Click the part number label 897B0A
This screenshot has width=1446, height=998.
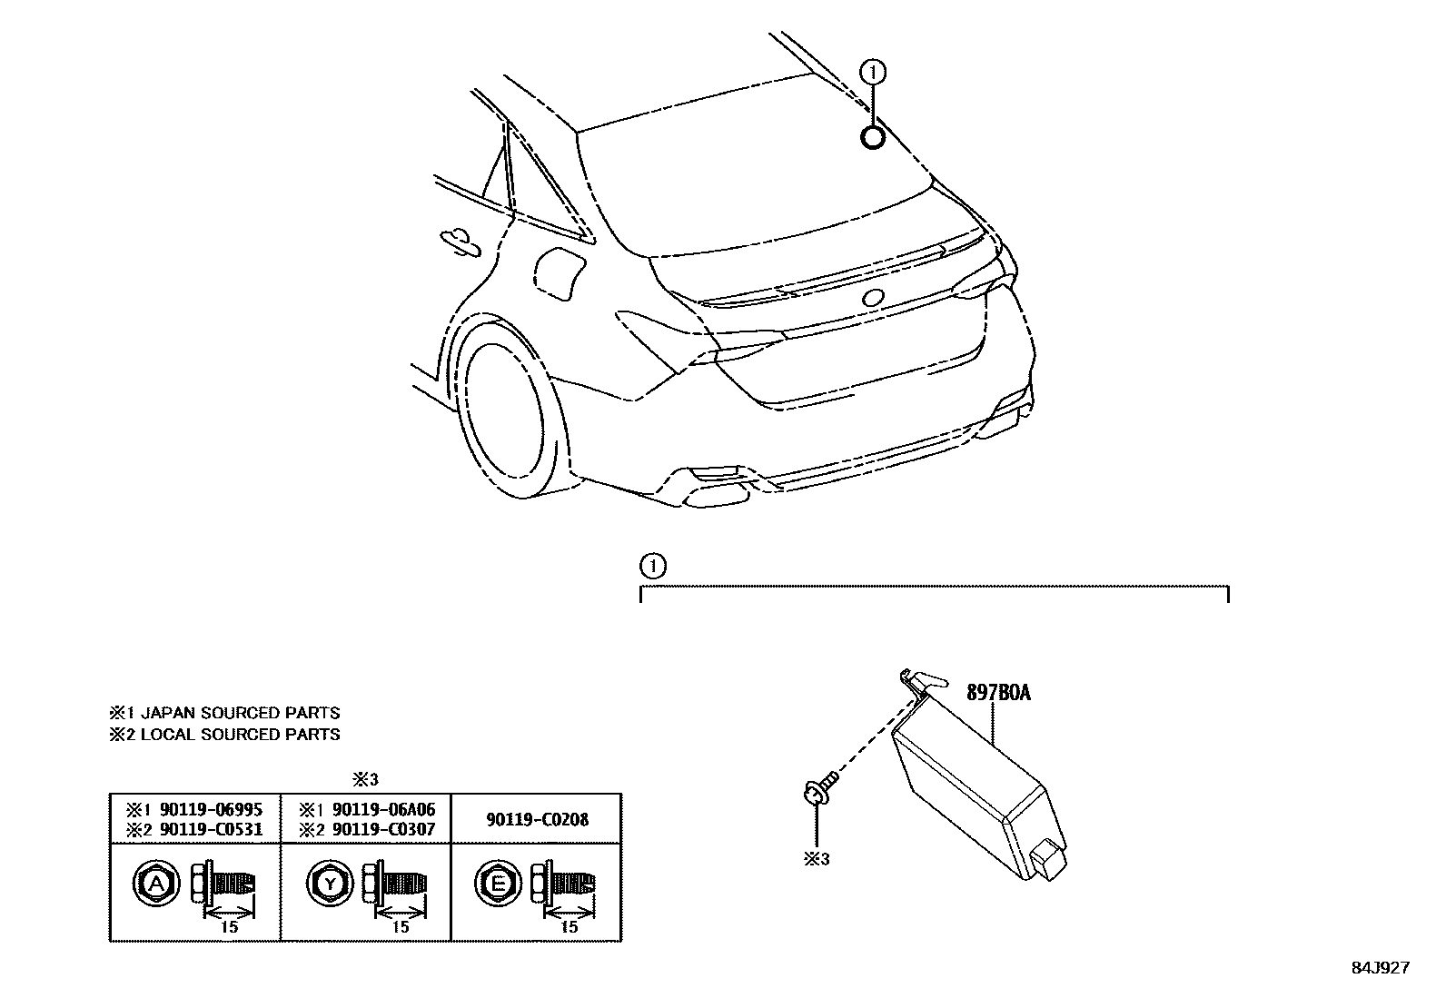click(997, 694)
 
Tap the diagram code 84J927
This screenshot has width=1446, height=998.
click(1380, 968)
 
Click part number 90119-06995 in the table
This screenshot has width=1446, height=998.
click(211, 809)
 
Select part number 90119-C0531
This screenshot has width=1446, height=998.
click(211, 829)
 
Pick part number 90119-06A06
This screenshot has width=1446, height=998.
click(382, 809)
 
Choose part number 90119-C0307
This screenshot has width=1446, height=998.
click(382, 829)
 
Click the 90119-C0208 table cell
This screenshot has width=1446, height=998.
click(537, 819)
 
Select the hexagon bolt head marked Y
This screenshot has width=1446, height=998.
click(332, 883)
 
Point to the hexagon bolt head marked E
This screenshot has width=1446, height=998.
click(497, 883)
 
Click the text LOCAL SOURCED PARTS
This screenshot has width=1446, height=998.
click(240, 735)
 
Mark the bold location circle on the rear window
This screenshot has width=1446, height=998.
click(872, 137)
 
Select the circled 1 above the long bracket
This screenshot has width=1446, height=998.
click(652, 567)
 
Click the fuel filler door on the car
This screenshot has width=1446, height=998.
click(560, 273)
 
